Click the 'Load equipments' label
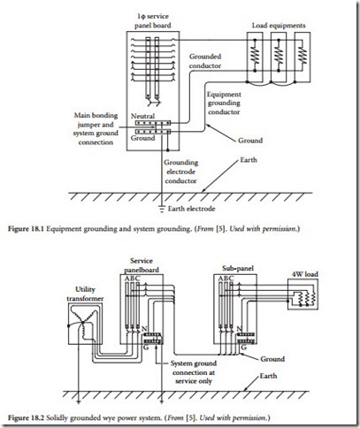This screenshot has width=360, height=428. [x=279, y=26]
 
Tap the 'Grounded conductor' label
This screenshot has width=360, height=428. [x=205, y=61]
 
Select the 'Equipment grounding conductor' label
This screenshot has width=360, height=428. [x=224, y=103]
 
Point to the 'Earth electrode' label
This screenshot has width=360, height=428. [x=191, y=209]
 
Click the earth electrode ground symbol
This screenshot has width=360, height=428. [x=161, y=210]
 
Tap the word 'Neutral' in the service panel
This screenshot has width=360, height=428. [x=142, y=116]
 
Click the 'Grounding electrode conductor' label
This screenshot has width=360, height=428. [x=180, y=172]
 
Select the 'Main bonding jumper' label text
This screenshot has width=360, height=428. [x=96, y=119]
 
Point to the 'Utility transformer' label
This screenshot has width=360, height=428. [x=85, y=294]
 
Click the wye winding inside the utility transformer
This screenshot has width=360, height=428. [x=83, y=323]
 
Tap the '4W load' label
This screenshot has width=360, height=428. [x=305, y=274]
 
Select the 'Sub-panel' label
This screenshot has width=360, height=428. [x=238, y=269]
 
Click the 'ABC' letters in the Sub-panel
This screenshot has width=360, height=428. [x=226, y=279]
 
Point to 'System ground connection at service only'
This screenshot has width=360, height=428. [x=194, y=372]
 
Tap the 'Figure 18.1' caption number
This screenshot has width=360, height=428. [x=26, y=229]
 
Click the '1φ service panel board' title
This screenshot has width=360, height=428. [x=153, y=21]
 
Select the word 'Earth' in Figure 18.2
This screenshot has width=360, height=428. [x=268, y=376]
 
